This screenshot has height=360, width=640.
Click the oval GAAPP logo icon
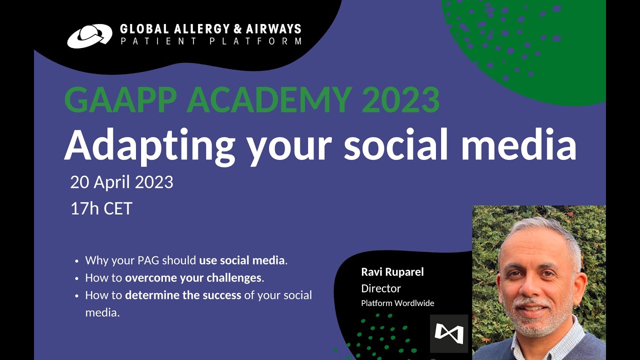pos(89,36)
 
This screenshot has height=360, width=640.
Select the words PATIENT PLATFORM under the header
pos(210,41)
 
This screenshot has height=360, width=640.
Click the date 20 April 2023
pos(121,182)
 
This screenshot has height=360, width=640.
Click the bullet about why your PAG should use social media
pos(186,260)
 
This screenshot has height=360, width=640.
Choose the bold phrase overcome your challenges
pos(193,277)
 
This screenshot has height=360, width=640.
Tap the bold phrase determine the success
pos(183,295)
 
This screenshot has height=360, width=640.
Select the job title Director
pos(381,288)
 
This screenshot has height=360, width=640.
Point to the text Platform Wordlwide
pos(397,303)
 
